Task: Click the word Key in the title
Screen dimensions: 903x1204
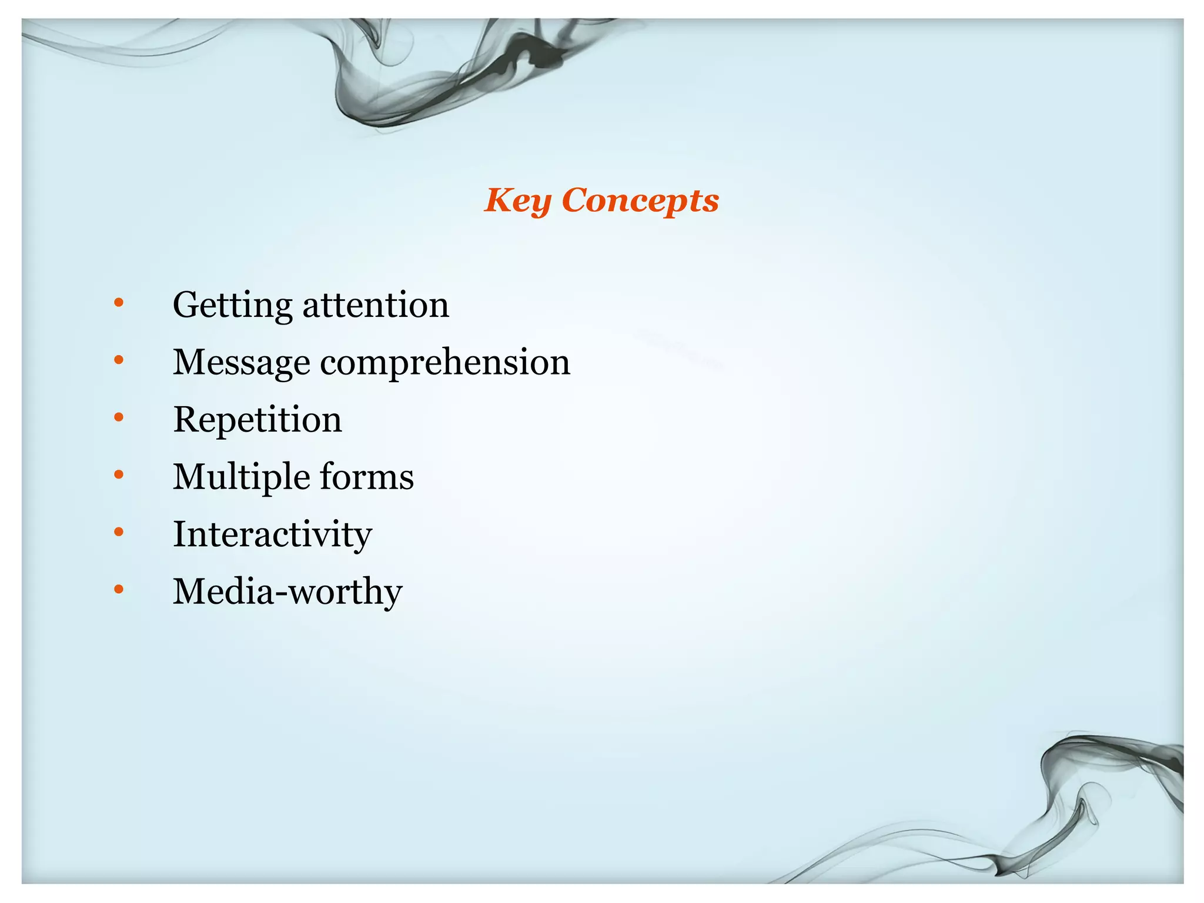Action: (517, 201)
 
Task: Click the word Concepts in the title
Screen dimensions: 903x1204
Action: (640, 201)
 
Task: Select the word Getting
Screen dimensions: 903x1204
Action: (232, 306)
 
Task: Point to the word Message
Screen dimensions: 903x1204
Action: (241, 363)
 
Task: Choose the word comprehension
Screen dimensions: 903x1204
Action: (445, 363)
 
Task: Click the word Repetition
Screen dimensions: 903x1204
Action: (257, 420)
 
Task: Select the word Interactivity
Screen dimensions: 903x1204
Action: (272, 534)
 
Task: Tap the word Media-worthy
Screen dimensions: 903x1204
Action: (287, 591)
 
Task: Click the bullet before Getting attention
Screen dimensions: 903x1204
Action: (119, 303)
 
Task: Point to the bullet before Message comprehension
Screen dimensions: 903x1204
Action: (119, 360)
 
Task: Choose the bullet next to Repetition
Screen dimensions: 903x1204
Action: (119, 417)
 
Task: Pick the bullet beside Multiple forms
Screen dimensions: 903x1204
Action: (119, 474)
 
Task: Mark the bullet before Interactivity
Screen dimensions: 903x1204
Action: (119, 532)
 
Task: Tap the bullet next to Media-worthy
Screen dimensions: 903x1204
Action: (119, 589)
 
